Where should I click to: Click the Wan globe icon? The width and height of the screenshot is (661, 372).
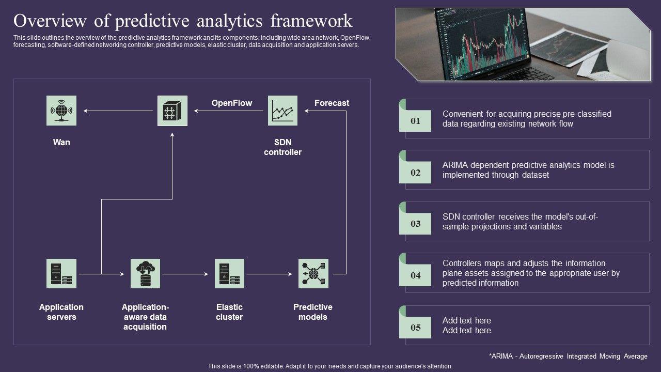[x=61, y=111]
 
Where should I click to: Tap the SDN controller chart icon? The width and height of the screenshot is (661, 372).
[x=282, y=111]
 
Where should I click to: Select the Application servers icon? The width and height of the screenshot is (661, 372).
[x=61, y=273]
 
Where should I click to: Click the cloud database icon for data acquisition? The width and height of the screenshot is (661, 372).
[x=145, y=273]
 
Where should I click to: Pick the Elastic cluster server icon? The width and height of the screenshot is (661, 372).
[x=229, y=273]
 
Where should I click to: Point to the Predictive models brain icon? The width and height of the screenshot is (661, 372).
[x=313, y=273]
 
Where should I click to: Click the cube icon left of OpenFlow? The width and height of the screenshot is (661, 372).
[x=172, y=111]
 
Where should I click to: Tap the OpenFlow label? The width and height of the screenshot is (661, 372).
[x=232, y=103]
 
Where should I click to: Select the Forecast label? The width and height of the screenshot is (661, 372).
[x=332, y=103]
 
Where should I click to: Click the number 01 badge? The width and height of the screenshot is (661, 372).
[x=415, y=121]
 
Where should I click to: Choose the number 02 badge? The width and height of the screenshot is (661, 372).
[x=415, y=173]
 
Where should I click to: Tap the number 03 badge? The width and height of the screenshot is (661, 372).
[x=415, y=224]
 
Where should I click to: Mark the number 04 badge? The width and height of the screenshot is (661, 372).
[x=415, y=275]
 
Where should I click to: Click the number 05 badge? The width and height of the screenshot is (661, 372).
[x=415, y=328]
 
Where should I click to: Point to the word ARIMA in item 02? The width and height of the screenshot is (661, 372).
[x=455, y=165]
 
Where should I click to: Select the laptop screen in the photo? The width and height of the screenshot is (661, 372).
[x=480, y=44]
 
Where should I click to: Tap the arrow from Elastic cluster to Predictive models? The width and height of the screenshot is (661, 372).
[x=271, y=273]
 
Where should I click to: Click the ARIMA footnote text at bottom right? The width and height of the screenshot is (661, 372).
[x=568, y=357]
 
